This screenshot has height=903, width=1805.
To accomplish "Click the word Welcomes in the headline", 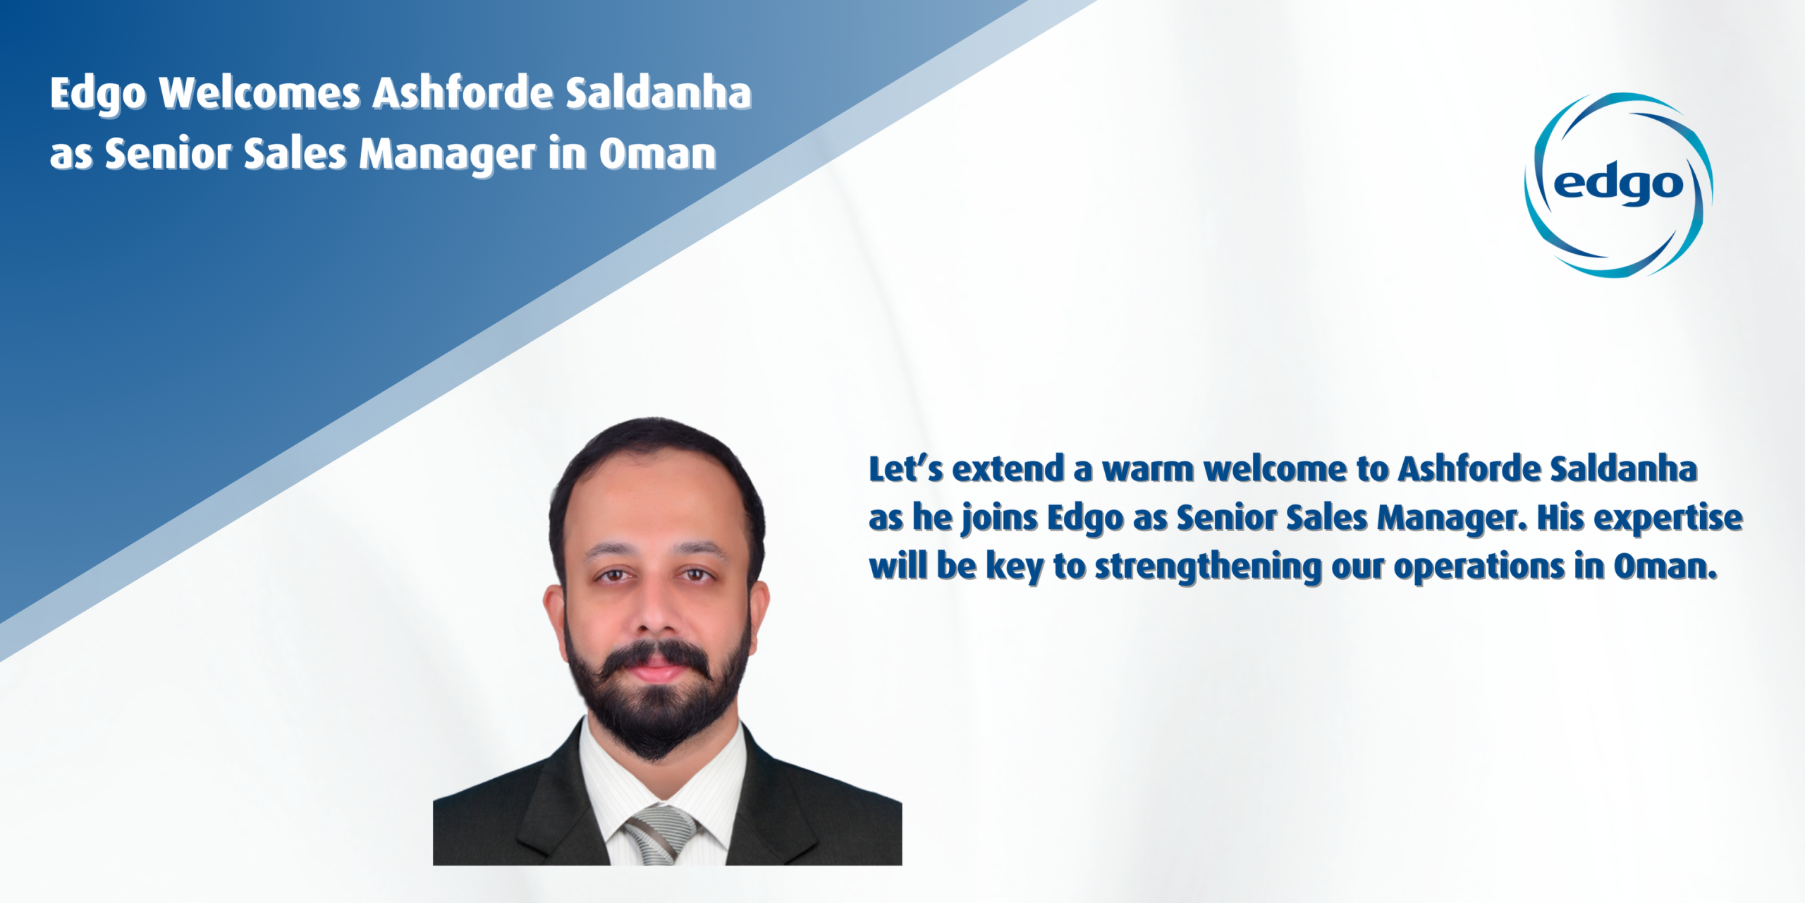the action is pyautogui.click(x=259, y=94).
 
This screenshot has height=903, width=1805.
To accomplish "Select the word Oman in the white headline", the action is pyautogui.click(x=658, y=154).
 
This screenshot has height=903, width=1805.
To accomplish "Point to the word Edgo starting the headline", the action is pyautogui.click(x=98, y=95).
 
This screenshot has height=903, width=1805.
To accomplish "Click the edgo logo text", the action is pyautogui.click(x=1618, y=185).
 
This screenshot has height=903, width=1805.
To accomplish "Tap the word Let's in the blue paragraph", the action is pyautogui.click(x=905, y=469).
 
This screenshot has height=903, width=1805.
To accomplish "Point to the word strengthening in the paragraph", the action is pyautogui.click(x=1208, y=568).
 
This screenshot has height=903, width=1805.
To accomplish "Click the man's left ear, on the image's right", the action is pyautogui.click(x=759, y=610).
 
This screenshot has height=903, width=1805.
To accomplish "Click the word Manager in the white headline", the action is pyautogui.click(x=448, y=155).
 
